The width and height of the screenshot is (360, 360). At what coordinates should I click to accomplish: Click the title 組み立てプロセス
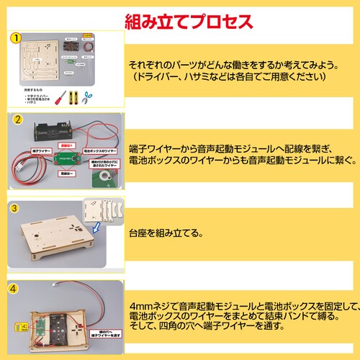tap(189, 19)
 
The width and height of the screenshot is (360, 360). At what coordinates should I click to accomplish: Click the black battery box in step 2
tap(54, 132)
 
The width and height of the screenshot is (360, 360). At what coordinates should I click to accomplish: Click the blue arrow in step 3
tap(99, 228)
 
